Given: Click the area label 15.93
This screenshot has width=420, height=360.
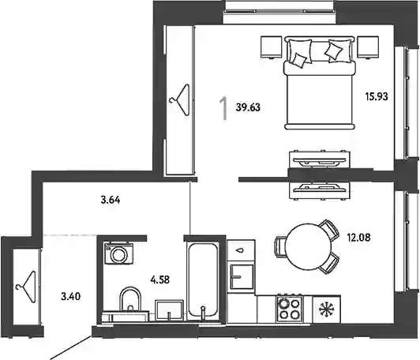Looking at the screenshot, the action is (377, 96).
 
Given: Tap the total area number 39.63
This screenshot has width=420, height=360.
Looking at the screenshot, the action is (248, 107).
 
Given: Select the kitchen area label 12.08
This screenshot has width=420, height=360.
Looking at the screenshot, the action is (359, 238).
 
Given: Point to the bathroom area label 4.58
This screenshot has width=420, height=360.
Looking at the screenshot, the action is (160, 280).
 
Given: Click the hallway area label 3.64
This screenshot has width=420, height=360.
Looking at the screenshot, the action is (111, 200).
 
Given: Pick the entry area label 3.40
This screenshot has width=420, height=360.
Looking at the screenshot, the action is (71, 297).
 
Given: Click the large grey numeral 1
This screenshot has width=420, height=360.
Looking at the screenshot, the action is (223, 108).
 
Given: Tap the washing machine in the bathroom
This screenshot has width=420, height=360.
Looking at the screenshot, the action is (118, 253).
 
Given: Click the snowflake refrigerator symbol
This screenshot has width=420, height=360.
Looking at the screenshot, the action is (327, 309).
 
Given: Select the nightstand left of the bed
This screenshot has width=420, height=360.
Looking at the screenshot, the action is (271, 47).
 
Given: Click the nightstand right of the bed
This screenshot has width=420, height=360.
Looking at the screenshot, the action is (368, 47).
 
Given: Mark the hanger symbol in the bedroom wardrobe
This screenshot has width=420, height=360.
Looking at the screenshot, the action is (179, 100).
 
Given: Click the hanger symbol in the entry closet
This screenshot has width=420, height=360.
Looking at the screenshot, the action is (26, 287).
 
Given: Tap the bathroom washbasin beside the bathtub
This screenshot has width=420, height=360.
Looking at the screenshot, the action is (169, 310).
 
